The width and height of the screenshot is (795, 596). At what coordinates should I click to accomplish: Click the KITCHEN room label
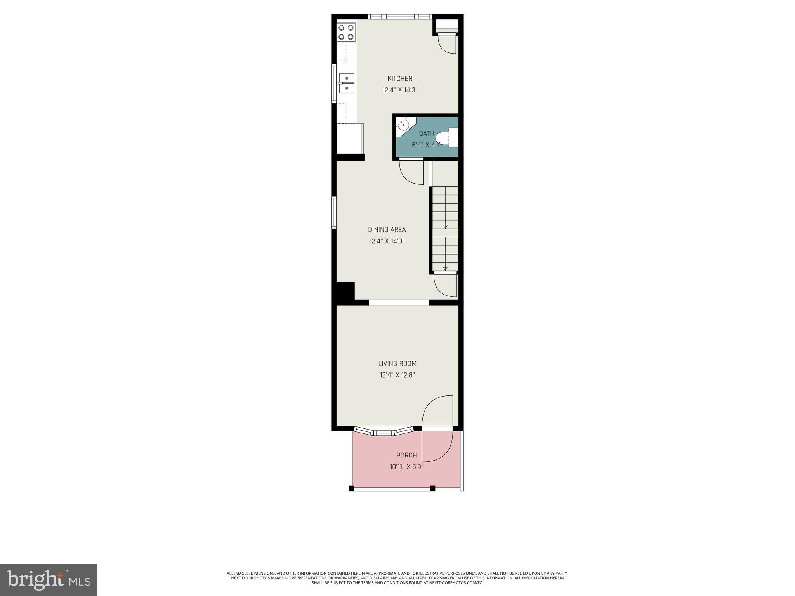click(400, 79)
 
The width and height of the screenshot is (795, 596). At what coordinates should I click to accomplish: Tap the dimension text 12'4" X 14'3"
click(400, 90)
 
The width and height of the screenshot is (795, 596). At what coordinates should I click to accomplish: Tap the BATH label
click(427, 133)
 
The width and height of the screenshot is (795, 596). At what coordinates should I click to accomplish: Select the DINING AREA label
click(387, 230)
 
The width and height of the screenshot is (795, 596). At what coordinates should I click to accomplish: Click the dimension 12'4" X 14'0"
click(387, 241)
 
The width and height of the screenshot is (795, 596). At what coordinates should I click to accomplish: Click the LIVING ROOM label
click(397, 364)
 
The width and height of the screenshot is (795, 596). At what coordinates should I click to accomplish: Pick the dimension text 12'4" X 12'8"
click(397, 375)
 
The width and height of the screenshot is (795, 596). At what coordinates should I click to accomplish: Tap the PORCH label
click(406, 455)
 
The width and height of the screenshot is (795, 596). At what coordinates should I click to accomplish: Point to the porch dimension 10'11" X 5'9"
click(406, 467)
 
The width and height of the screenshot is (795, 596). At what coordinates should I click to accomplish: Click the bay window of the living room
click(384, 431)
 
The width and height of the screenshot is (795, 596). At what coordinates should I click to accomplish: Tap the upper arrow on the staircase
click(445, 227)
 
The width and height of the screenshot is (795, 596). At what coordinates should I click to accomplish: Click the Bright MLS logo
click(49, 580)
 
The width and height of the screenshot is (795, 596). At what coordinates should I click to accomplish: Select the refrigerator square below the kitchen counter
click(349, 139)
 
